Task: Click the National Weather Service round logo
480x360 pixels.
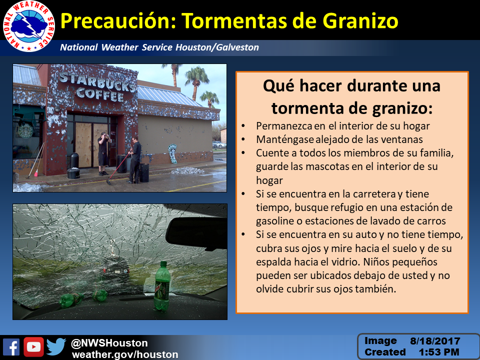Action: point(29,26)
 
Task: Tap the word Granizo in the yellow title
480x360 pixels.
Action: point(360,21)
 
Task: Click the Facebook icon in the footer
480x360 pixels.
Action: point(11,347)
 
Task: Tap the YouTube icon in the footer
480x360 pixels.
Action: point(33,347)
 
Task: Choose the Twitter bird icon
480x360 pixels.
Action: point(56,347)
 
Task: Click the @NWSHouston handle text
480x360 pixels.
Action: point(109,343)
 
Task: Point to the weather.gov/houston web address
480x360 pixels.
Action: point(125,354)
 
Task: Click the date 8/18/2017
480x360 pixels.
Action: point(435,341)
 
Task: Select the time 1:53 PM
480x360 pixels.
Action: point(439,352)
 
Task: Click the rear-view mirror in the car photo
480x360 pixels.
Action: point(196,232)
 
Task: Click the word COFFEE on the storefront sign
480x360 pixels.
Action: point(100,93)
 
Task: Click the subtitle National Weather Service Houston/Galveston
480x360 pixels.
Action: point(159,47)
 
